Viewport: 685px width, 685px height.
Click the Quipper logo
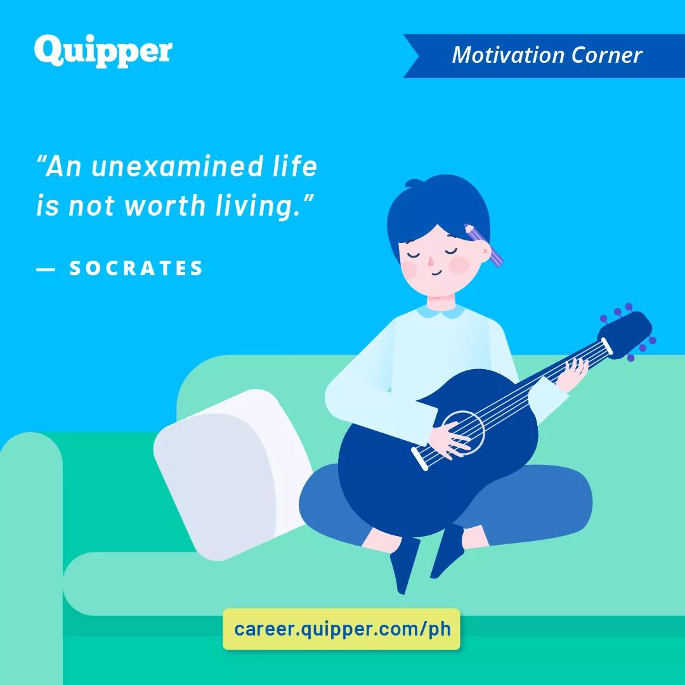103,51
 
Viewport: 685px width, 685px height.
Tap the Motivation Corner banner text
547,55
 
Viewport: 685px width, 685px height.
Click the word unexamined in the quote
177,166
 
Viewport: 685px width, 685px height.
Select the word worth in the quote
165,205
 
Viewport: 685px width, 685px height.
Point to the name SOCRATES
136,268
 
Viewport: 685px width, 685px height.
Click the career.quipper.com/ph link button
342,629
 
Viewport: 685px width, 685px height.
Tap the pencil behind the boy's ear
483,245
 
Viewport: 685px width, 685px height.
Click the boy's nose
430,261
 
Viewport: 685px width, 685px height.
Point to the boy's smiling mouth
437,273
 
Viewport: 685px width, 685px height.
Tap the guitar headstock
625,334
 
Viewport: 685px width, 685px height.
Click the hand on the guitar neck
571,374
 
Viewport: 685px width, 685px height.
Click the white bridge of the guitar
419,459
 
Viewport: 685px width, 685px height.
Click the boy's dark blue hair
438,210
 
